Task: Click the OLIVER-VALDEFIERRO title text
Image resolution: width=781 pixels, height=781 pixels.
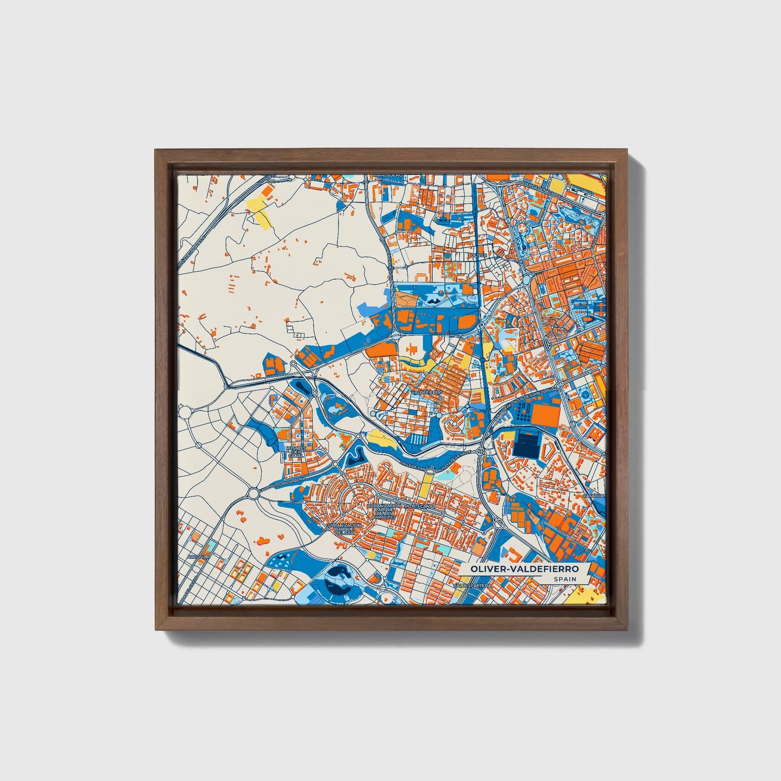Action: [524, 569]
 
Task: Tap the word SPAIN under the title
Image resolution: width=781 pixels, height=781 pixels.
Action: [564, 579]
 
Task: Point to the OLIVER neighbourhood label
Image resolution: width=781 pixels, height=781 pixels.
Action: [479, 255]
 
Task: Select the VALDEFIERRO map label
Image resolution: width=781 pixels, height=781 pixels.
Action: [426, 392]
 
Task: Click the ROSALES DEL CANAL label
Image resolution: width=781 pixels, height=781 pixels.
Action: [296, 452]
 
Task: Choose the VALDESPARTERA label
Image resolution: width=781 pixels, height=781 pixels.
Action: [476, 585]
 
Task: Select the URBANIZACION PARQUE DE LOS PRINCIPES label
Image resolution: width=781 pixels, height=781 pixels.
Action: [384, 511]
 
